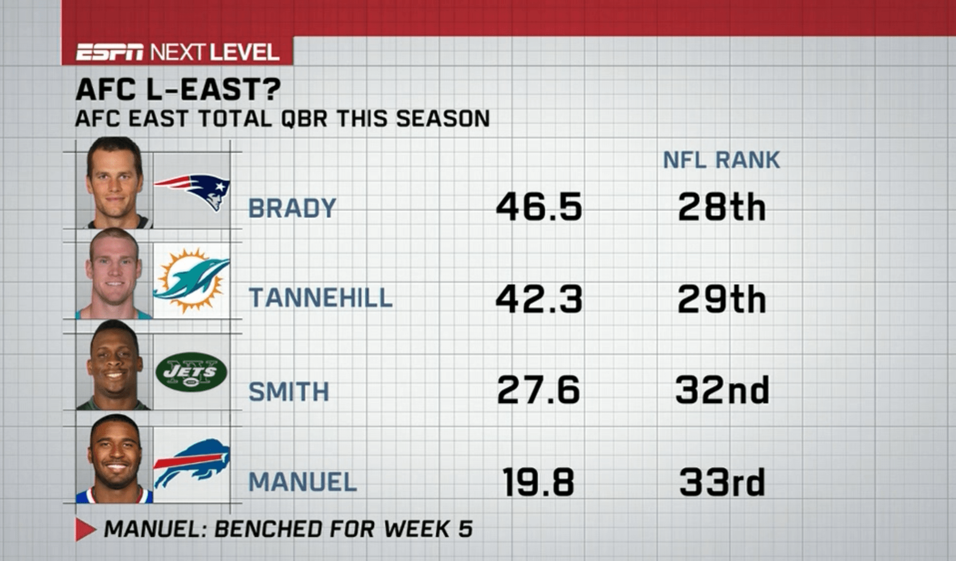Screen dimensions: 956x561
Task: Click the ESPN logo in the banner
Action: [110, 52]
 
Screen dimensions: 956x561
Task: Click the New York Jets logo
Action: [192, 372]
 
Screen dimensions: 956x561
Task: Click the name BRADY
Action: [292, 208]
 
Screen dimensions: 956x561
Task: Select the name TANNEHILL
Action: [321, 298]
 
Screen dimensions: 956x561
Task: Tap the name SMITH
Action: [289, 391]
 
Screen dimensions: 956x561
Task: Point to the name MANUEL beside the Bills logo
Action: [303, 482]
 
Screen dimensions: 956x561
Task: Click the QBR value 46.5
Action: [539, 207]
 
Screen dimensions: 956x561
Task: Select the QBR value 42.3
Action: [539, 299]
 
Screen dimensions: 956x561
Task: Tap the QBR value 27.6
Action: [539, 390]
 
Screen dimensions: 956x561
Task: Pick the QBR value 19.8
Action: [539, 482]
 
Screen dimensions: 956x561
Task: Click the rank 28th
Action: [722, 207]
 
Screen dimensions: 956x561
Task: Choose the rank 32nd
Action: [722, 390]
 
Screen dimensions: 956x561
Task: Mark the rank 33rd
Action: [722, 482]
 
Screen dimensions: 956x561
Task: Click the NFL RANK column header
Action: [721, 160]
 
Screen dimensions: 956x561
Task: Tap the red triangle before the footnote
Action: [84, 530]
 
